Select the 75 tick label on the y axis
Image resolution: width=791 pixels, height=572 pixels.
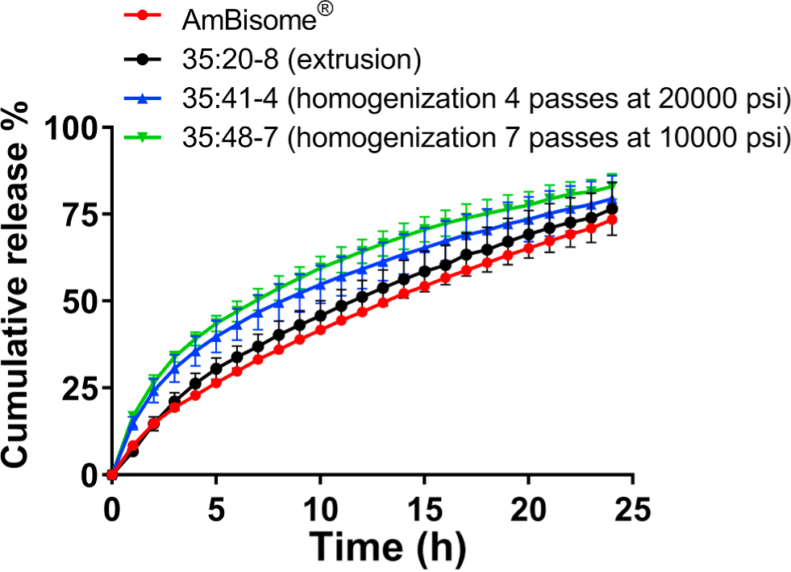tap(80, 214)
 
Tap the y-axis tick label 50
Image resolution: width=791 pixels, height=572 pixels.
tap(80, 301)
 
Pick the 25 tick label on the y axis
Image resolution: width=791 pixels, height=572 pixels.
tap(80, 388)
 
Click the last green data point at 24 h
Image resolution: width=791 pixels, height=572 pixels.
tap(611, 186)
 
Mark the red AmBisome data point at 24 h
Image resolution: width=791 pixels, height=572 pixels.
tap(611, 219)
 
